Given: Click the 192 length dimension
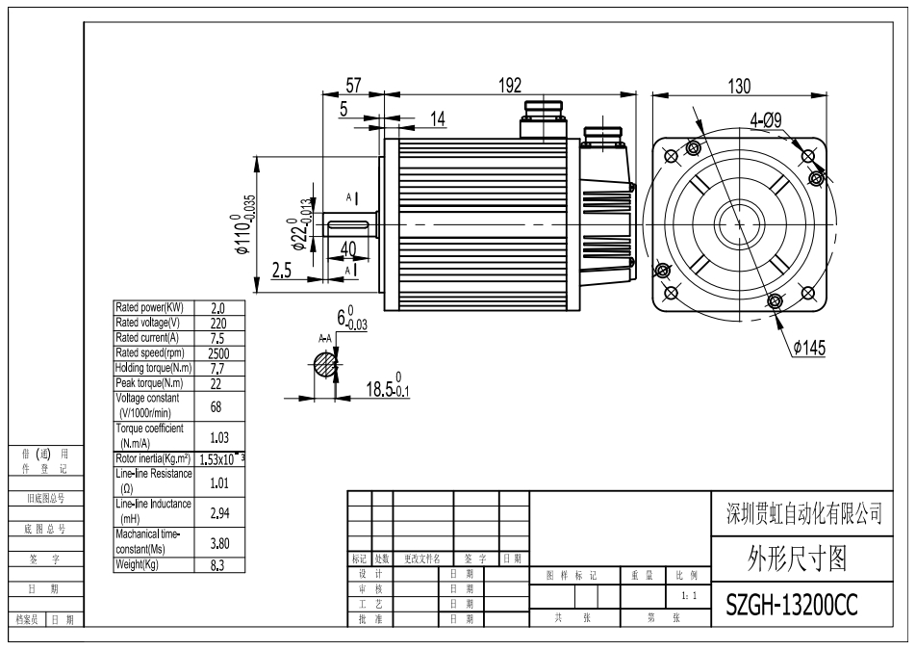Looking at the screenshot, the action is (509, 86).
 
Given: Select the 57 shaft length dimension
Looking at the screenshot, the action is (353, 86).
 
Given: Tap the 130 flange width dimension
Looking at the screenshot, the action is (739, 87).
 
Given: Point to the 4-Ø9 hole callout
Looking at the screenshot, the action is (766, 121).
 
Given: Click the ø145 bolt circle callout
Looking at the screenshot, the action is (809, 348).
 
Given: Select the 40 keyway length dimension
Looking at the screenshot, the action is (348, 248).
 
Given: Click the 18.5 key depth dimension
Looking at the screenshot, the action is (388, 386).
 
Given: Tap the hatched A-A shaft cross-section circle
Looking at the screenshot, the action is (326, 365).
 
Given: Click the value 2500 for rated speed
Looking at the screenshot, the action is (218, 353).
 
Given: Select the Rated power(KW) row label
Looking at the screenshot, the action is (149, 307).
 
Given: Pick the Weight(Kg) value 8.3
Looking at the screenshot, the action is (216, 565).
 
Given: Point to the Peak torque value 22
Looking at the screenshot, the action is (216, 383).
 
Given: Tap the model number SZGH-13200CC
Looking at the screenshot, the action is (792, 605).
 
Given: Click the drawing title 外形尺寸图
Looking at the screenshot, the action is (797, 559).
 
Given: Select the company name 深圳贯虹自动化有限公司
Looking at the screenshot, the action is (803, 514).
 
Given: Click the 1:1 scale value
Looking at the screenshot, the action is (689, 596).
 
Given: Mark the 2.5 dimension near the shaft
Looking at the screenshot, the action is (282, 270).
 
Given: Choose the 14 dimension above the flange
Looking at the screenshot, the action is (438, 119).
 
